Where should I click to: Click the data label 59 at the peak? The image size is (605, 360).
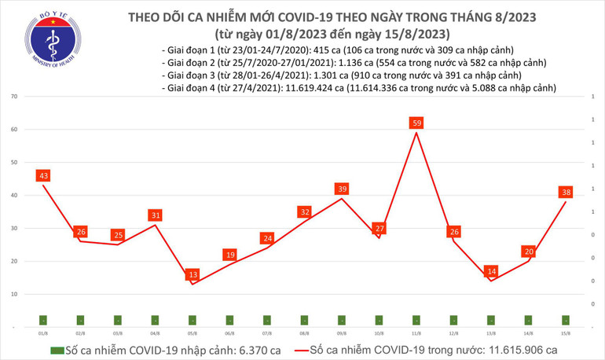click(x=416, y=123)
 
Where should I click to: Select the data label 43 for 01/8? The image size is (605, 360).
click(x=43, y=175)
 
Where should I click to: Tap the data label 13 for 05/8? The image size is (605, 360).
click(x=192, y=274)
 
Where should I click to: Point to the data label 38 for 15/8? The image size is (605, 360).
click(x=565, y=192)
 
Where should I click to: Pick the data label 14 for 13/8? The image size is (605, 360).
click(x=491, y=271)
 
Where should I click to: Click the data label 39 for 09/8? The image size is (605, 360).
click(x=342, y=189)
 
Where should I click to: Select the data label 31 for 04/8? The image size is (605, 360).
click(x=156, y=215)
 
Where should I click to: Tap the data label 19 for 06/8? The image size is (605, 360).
click(x=229, y=255)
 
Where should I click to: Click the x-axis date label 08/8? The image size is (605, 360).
click(x=304, y=333)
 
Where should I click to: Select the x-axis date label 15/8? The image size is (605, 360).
click(x=565, y=333)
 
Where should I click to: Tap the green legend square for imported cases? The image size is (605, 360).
click(x=56, y=350)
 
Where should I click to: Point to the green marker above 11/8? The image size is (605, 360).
click(x=416, y=320)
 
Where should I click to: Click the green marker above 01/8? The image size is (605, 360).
click(x=43, y=320)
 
